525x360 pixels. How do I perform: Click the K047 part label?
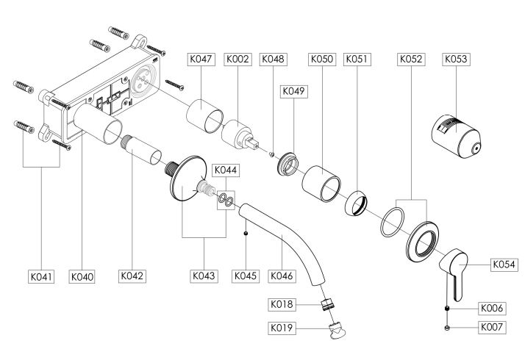point(201,58)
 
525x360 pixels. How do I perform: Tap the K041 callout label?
point(40,276)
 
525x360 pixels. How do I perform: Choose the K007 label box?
point(493,328)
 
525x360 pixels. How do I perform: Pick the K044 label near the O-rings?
point(225,170)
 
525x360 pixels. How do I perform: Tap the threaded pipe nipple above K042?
point(143,149)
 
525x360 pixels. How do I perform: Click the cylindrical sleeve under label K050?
point(321,182)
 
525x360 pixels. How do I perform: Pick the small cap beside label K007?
point(447,328)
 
